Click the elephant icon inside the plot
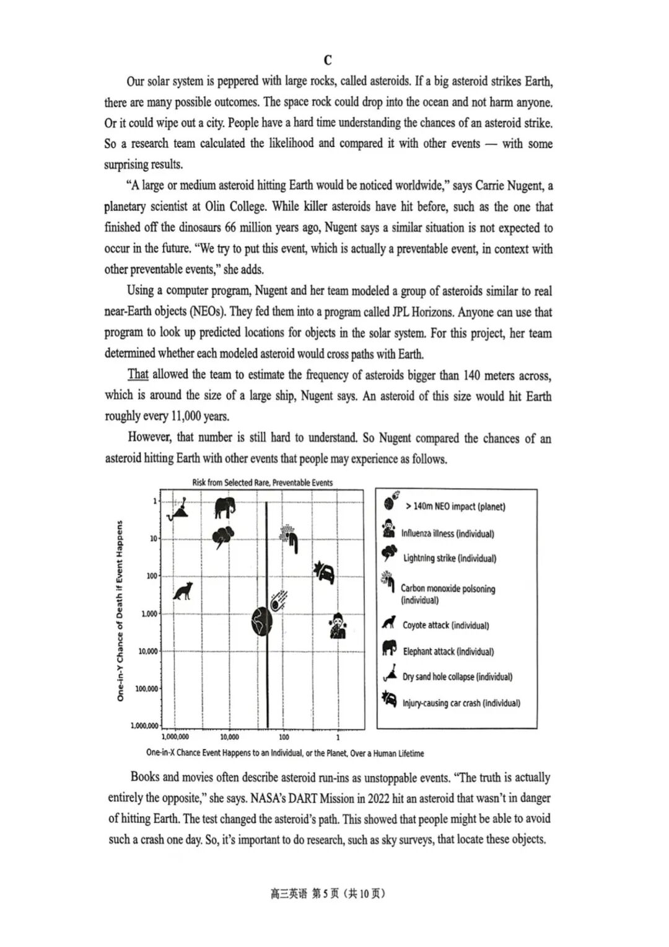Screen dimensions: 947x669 click(x=225, y=507)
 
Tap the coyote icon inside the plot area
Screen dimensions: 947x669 click(x=183, y=591)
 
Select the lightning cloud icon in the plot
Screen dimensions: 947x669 click(x=222, y=537)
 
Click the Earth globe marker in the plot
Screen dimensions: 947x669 click(x=262, y=621)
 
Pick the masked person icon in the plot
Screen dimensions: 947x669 click(x=338, y=626)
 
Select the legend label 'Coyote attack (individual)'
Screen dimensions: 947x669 click(x=445, y=625)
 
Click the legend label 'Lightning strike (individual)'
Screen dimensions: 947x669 click(x=449, y=558)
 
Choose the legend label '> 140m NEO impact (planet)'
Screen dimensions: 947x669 click(x=455, y=507)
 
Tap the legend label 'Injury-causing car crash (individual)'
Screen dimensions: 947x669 click(x=461, y=703)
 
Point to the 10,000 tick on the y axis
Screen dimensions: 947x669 click(x=148, y=651)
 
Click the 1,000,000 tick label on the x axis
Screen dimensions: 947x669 click(x=175, y=737)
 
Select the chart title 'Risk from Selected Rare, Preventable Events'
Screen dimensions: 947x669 click(x=262, y=482)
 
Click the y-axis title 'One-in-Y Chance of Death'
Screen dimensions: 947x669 click(x=120, y=611)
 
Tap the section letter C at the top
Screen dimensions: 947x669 click(x=328, y=60)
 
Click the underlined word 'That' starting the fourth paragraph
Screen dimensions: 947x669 click(x=138, y=374)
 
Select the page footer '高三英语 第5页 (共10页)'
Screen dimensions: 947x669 click(x=328, y=894)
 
